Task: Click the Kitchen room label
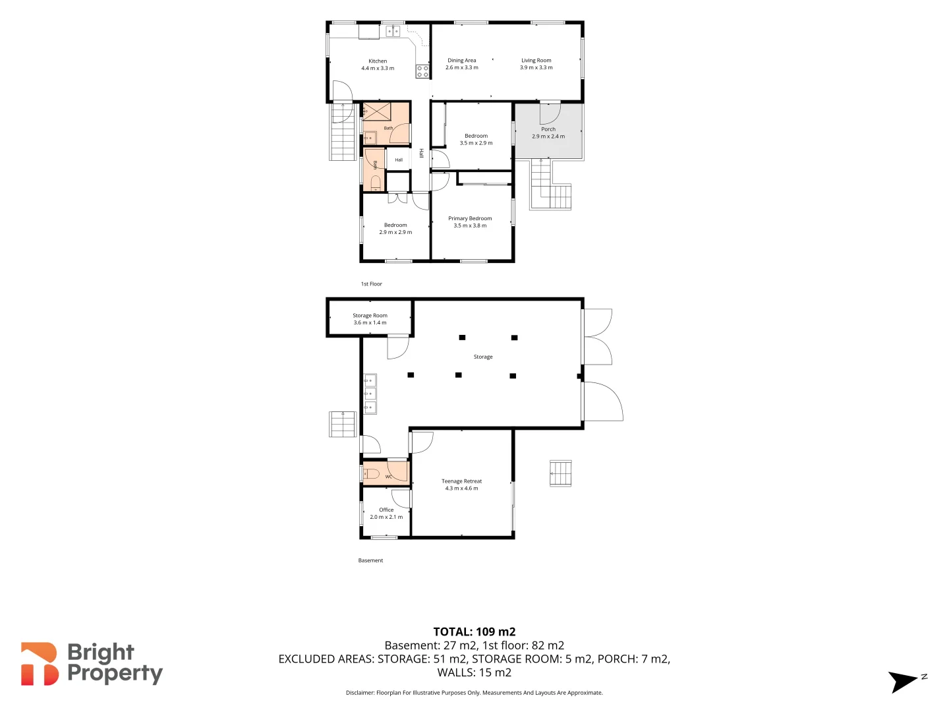tap(378, 61)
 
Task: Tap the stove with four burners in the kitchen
tap(422, 71)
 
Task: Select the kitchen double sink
tap(393, 31)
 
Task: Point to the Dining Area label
tap(462, 60)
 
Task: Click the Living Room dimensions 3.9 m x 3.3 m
tap(536, 67)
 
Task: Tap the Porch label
tap(548, 129)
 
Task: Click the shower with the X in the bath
tap(376, 111)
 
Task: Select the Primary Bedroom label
tap(470, 218)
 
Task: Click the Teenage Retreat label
tap(461, 481)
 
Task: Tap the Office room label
tap(386, 510)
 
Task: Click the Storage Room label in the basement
tap(370, 315)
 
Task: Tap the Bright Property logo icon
tap(40, 664)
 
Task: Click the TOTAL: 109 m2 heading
tap(474, 632)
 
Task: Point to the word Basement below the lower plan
tap(370, 560)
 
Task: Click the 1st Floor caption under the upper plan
tap(372, 283)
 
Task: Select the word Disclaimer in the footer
tap(360, 692)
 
